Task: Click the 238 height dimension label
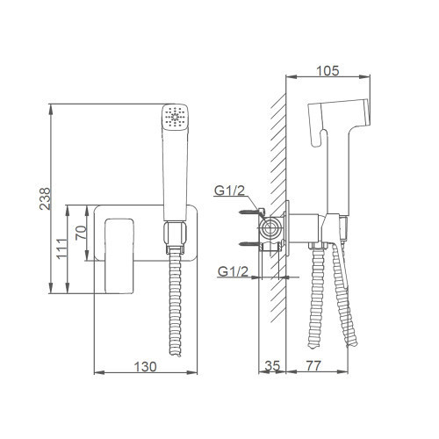point(45,198)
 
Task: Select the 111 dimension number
point(62,248)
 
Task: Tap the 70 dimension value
point(81,233)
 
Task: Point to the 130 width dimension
point(145,367)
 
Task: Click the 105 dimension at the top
point(327,71)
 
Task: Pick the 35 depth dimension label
point(272,366)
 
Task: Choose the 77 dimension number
point(313,365)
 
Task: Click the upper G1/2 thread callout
point(229,191)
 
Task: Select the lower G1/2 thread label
point(233,272)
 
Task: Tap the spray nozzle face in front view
point(175,117)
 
